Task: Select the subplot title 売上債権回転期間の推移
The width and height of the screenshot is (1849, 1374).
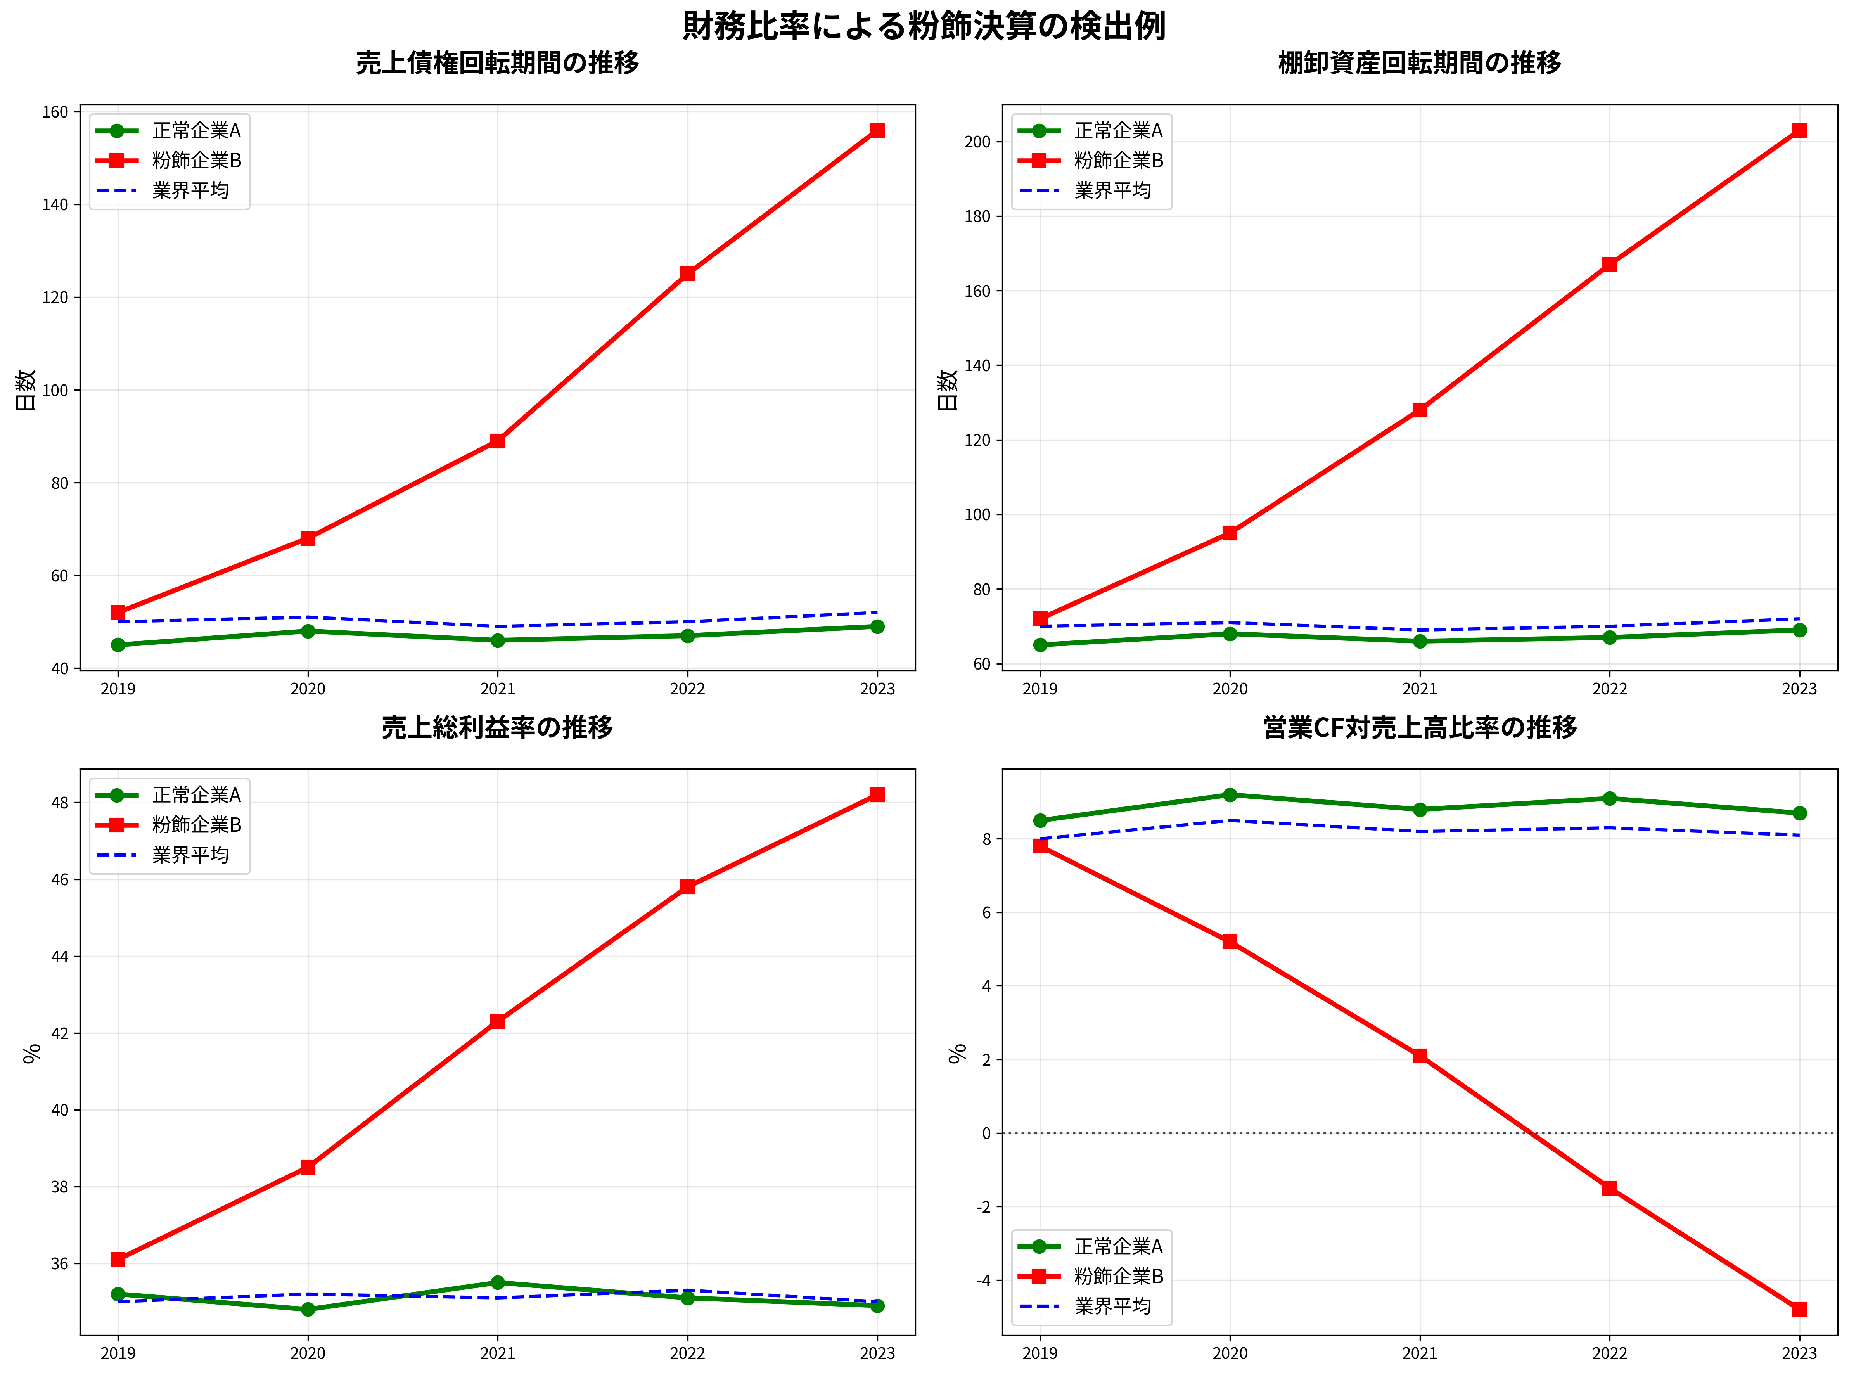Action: pos(497,63)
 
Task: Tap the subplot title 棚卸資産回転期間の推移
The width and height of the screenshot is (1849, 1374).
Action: pos(1419,63)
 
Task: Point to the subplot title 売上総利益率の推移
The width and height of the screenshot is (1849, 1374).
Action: pos(497,728)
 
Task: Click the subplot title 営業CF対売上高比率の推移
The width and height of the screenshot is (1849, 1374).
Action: pos(1419,728)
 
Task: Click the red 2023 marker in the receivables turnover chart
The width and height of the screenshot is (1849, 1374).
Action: pos(877,131)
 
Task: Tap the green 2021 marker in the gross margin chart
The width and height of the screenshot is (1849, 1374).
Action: pos(497,1282)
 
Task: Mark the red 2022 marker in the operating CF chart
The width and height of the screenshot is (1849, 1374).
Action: pos(1610,1188)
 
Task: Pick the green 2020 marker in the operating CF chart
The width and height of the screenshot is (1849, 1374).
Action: pos(1230,795)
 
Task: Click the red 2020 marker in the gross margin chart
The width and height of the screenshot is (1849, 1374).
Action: pos(308,1167)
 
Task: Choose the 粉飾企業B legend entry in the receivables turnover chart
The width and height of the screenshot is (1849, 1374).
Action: pos(196,161)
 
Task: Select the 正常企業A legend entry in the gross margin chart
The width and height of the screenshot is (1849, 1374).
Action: pos(196,795)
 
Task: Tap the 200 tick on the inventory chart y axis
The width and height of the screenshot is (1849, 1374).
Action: pos(978,142)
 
